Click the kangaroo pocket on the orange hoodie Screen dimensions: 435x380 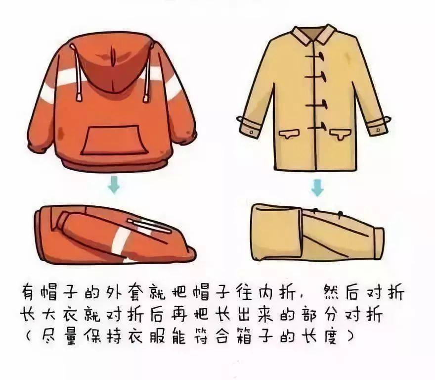coord(114,140)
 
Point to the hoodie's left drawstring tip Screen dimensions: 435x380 coord(79,96)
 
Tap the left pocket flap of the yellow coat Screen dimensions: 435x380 coord(289,134)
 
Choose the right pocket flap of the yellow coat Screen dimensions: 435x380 coord(341,134)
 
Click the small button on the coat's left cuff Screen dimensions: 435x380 coord(251,132)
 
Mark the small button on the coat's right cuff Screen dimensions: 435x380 coord(378,130)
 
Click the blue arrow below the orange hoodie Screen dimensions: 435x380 coord(114,184)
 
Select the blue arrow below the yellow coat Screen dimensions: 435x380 coord(317,187)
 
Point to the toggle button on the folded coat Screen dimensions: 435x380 coord(340,214)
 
